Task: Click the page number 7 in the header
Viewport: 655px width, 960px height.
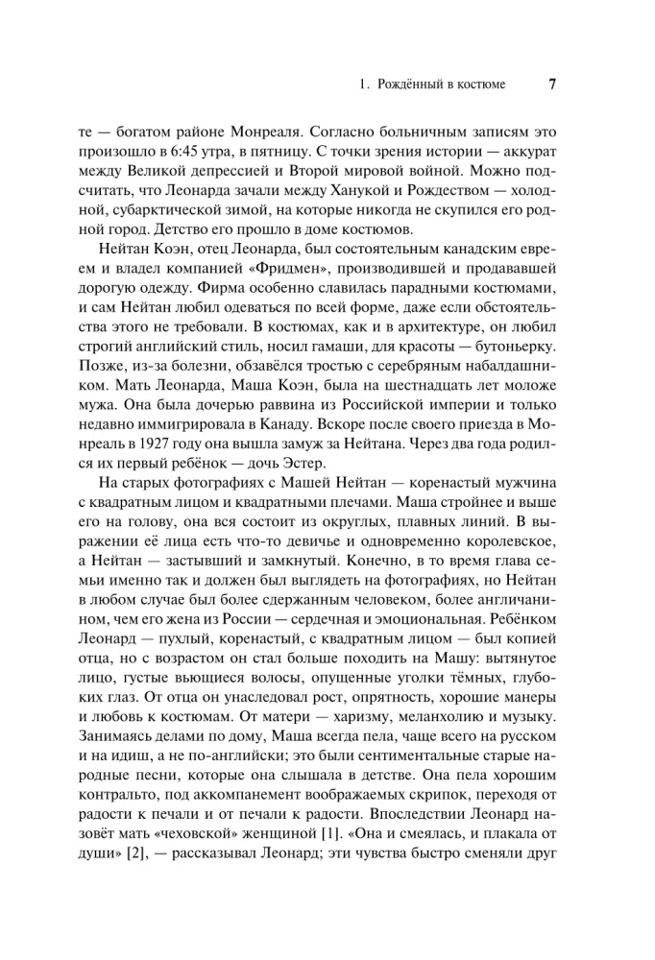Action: point(552,84)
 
